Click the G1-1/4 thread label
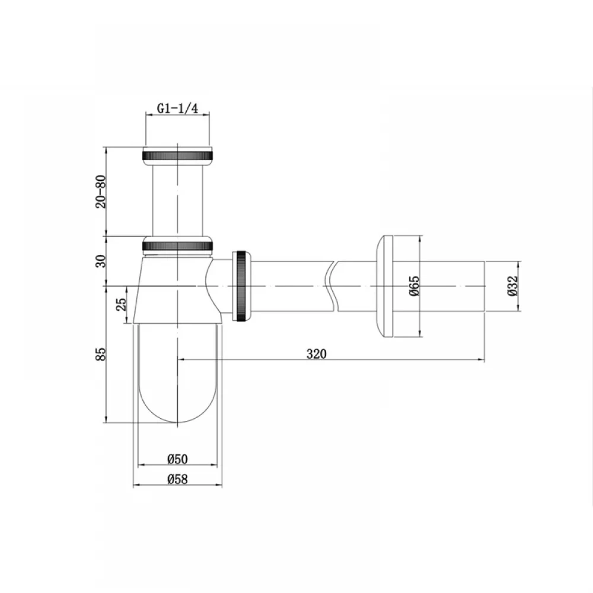177,109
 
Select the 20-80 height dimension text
101,192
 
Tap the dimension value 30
101,261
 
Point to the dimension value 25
121,304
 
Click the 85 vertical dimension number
101,354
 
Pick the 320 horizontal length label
316,354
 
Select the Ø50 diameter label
177,459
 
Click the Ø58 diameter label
177,480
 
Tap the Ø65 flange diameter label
415,286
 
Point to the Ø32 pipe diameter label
513,286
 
